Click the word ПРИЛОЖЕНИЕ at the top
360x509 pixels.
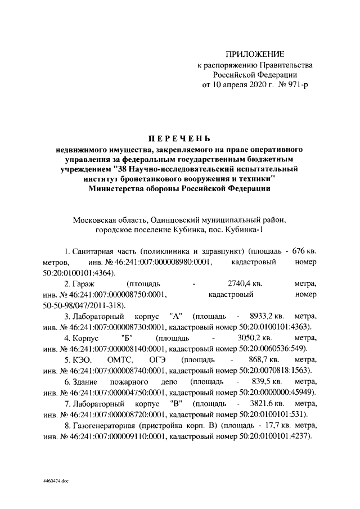pyautogui.click(x=255, y=54)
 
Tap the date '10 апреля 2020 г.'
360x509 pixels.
pyautogui.click(x=238, y=85)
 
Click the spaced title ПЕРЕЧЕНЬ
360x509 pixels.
pyautogui.click(x=179, y=139)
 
